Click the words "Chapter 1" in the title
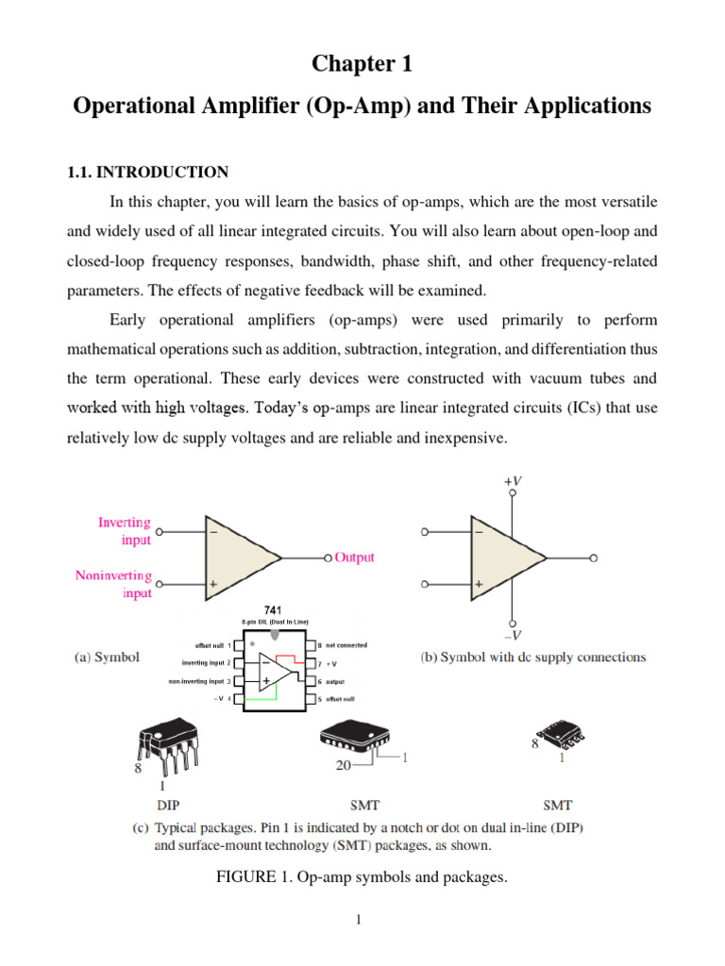[362, 64]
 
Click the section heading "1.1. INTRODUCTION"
[147, 172]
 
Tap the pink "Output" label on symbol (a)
[355, 558]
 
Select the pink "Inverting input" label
[125, 530]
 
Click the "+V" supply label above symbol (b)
[512, 481]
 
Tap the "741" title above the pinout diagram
[274, 610]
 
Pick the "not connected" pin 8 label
[346, 645]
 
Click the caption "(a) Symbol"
[108, 658]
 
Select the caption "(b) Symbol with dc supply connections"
[532, 657]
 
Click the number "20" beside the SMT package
[346, 767]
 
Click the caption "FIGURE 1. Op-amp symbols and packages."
[362, 878]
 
